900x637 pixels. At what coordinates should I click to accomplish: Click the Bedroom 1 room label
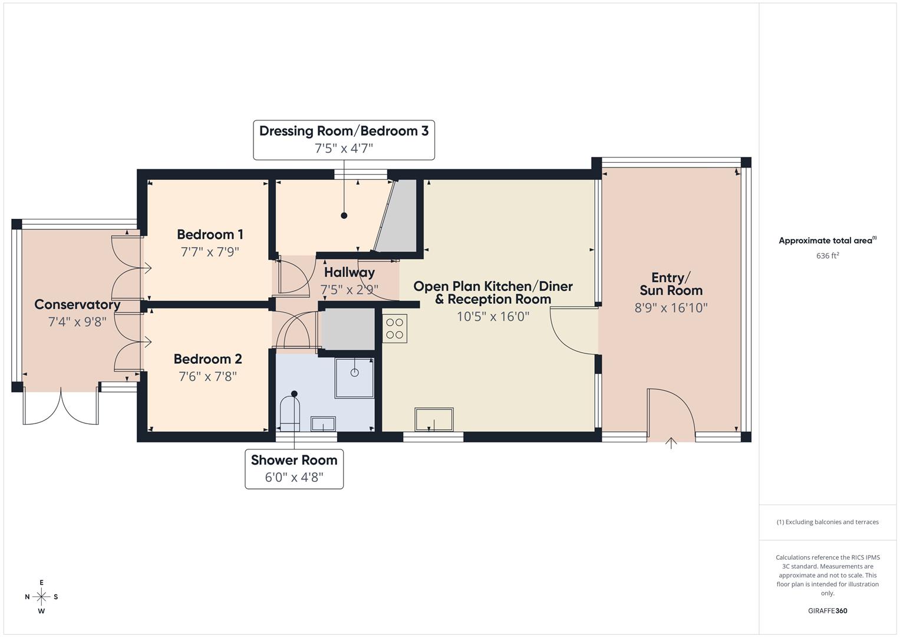[x=210, y=235]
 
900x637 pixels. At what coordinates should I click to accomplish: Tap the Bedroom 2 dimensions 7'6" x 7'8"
[x=207, y=376]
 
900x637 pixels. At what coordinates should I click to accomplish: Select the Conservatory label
[x=77, y=305]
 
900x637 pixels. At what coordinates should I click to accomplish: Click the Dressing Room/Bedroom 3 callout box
[x=344, y=140]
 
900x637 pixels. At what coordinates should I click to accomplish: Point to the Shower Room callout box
[x=294, y=469]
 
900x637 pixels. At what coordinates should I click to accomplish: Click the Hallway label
[x=349, y=272]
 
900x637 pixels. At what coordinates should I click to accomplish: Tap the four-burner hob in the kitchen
[x=394, y=329]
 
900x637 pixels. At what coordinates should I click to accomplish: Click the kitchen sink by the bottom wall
[x=434, y=419]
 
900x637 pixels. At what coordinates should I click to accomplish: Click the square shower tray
[x=354, y=377]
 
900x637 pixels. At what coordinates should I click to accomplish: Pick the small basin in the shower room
[x=323, y=424]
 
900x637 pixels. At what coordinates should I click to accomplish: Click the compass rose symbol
[x=41, y=596]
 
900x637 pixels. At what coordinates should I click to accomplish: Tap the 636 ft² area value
[x=827, y=256]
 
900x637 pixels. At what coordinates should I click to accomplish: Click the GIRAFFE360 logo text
[x=827, y=610]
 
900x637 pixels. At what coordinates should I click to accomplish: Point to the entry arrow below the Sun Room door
[x=671, y=443]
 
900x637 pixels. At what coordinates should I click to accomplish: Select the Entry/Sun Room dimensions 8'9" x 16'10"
[x=671, y=307]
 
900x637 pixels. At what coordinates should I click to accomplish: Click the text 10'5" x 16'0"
[x=493, y=316]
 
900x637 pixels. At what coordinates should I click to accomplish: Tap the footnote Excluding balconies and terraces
[x=827, y=522]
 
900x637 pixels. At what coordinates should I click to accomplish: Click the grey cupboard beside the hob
[x=348, y=329]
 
